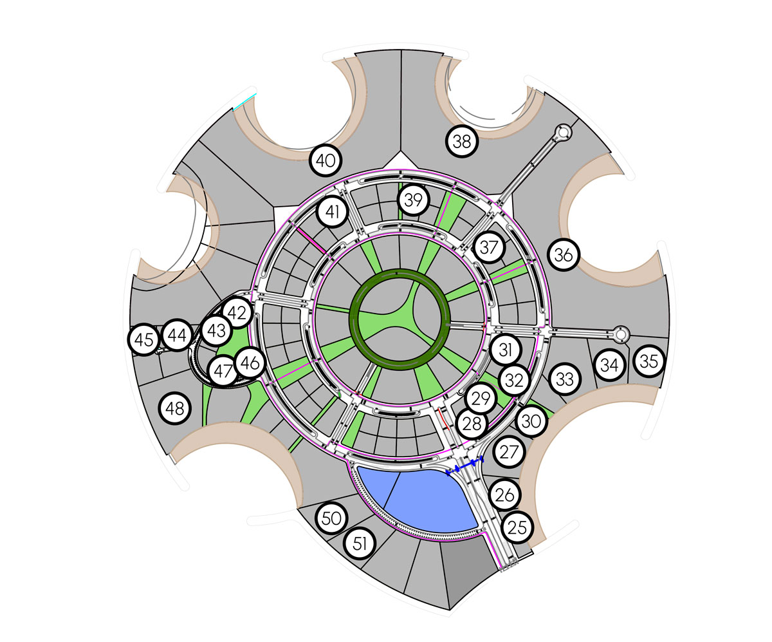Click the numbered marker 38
[462, 142]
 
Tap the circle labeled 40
[326, 160]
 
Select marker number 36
[564, 254]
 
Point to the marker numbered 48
[174, 408]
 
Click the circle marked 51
[360, 543]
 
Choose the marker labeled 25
[517, 527]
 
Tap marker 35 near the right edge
[649, 361]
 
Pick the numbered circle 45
[144, 339]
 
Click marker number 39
[414, 200]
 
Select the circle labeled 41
[332, 212]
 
